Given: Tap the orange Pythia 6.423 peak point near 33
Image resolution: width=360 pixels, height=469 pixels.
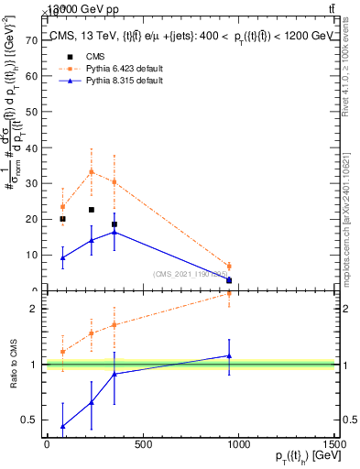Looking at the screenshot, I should (x=91, y=171).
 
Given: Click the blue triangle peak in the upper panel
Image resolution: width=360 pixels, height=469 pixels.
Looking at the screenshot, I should (x=114, y=232).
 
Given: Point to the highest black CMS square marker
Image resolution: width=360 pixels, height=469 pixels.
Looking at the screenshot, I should (x=91, y=210).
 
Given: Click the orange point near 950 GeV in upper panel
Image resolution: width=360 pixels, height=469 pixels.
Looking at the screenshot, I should (x=229, y=266).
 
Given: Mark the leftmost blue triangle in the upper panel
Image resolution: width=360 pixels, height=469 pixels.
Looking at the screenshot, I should (x=62, y=257).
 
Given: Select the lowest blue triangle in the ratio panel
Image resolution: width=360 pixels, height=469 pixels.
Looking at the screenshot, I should (x=62, y=426).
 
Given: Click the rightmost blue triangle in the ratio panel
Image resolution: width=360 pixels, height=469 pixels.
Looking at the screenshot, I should (x=229, y=355).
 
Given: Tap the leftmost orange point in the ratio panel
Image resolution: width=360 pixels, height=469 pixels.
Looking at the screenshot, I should (x=62, y=351).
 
